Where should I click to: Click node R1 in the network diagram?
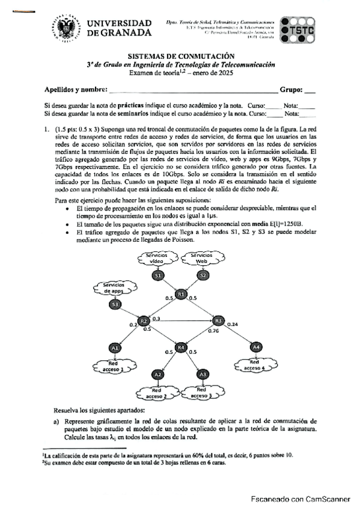182,294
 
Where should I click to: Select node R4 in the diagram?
180,348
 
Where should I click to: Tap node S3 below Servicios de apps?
115,305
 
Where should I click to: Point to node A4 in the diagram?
256,347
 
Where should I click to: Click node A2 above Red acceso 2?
157,375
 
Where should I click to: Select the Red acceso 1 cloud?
115,366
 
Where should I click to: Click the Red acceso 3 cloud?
203,394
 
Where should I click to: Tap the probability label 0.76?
213,331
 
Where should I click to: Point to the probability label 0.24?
234,325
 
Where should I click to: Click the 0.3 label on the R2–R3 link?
157,318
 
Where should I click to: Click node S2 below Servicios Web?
203,275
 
